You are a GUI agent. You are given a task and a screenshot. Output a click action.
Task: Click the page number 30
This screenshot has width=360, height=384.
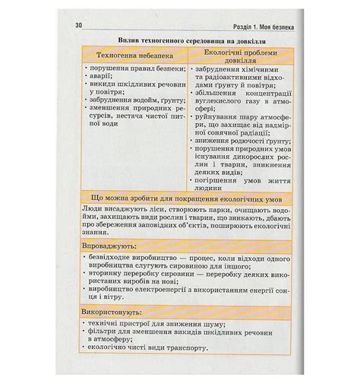coord(79,27)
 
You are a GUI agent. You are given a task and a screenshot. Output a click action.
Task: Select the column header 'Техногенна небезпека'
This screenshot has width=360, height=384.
coord(133,56)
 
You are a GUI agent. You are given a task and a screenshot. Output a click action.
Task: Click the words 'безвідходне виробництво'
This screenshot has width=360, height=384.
coord(133,259)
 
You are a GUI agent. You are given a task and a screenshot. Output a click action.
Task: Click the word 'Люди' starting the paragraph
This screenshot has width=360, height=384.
coord(90,209)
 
